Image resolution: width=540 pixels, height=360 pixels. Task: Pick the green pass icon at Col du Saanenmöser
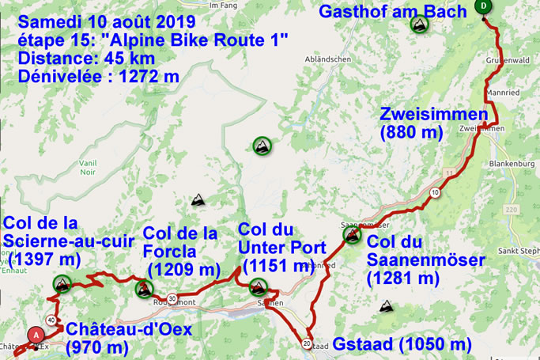pyautogui.click(x=351, y=233)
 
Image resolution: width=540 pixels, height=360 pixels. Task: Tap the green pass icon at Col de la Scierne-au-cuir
pyautogui.click(x=61, y=282)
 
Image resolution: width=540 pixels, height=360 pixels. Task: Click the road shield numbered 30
pyautogui.click(x=172, y=297)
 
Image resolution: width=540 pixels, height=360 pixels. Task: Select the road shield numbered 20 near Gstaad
pyautogui.click(x=305, y=343)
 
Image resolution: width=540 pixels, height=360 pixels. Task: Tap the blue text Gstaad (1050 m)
pyautogui.click(x=402, y=344)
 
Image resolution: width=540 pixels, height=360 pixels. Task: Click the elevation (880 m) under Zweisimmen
pyautogui.click(x=410, y=132)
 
